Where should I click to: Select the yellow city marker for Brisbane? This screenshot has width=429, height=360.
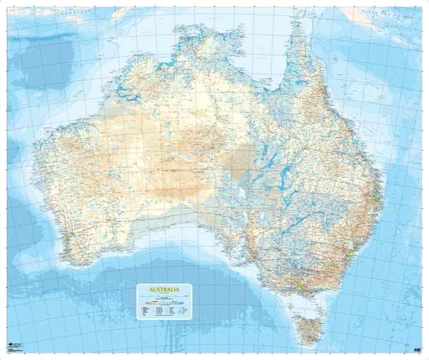point(376,192)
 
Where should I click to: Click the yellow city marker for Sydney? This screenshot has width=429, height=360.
point(352,253)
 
